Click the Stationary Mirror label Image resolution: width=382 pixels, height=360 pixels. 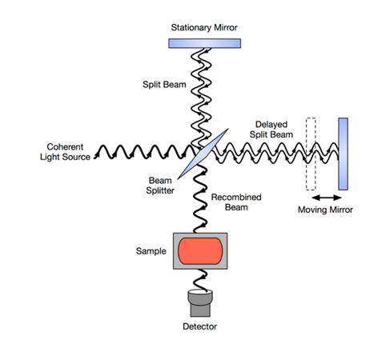point(204,27)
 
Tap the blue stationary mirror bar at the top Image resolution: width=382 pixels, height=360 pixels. point(204,43)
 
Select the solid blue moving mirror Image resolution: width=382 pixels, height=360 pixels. point(343,154)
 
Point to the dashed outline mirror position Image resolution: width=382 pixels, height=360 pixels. point(311,154)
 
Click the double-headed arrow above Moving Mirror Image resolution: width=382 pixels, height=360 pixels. point(327,198)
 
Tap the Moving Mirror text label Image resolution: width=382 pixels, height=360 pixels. point(325,210)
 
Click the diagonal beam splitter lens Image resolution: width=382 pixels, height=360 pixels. point(203,154)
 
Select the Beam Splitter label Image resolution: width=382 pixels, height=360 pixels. point(160,186)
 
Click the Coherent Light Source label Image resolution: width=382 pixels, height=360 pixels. point(65,152)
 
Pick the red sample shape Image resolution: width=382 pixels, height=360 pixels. point(200,251)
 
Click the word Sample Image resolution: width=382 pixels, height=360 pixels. point(151,251)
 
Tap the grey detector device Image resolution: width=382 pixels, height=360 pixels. point(200,303)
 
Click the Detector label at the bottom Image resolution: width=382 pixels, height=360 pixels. point(199,326)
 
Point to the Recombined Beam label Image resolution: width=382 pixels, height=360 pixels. point(236,202)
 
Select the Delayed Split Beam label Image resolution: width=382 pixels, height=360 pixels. point(271,130)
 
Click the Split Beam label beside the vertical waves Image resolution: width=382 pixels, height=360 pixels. point(164,85)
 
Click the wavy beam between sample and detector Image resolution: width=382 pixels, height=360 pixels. point(200,280)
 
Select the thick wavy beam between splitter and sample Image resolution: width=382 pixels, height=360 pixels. point(200,198)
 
